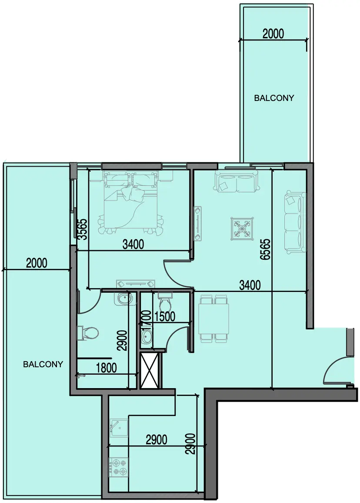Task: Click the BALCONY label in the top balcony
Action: (x=274, y=98)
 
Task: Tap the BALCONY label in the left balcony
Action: (x=43, y=364)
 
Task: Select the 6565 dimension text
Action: (x=265, y=249)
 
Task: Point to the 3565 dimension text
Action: (x=83, y=229)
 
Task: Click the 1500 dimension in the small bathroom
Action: (x=165, y=316)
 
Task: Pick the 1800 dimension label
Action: (x=106, y=368)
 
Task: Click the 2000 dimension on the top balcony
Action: (x=273, y=34)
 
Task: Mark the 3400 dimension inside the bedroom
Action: (x=133, y=244)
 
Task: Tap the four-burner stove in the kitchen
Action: (x=118, y=467)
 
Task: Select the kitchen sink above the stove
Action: (x=118, y=428)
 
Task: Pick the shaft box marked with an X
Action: (x=149, y=370)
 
